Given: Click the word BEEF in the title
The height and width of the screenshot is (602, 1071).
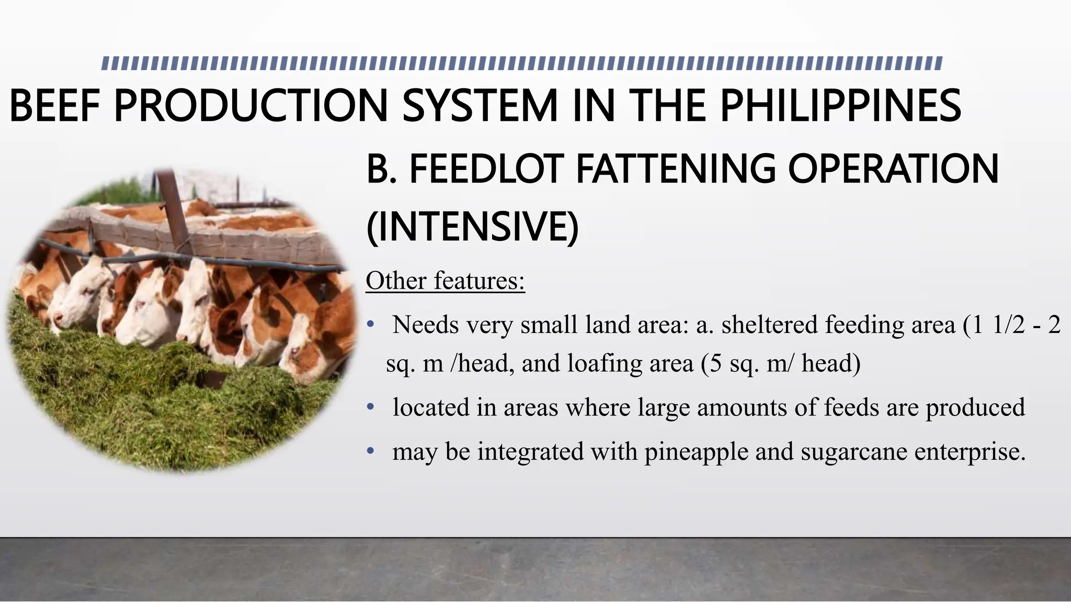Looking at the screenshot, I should [54, 106].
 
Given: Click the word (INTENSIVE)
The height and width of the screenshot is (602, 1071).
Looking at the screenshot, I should [472, 227].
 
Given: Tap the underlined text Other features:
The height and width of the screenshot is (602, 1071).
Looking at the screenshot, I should [445, 281].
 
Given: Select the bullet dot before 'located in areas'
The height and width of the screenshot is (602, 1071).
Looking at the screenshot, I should [370, 408].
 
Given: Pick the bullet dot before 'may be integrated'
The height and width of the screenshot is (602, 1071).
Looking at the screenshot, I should [370, 451].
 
